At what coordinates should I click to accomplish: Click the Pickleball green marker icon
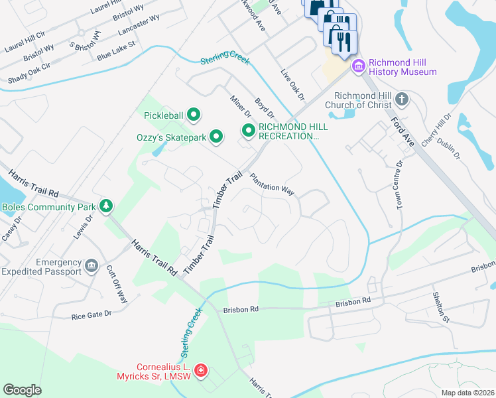click(x=194, y=116)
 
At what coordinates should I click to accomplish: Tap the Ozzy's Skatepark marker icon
click(x=216, y=137)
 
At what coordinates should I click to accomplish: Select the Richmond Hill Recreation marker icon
click(x=248, y=131)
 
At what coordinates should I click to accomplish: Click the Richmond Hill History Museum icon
click(x=359, y=66)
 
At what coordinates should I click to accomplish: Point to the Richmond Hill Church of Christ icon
click(x=401, y=100)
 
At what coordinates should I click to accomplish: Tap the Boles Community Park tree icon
click(x=105, y=206)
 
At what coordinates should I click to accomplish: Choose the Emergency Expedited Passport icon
click(x=92, y=267)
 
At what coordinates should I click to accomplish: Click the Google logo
click(x=22, y=390)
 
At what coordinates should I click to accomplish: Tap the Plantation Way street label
click(x=272, y=184)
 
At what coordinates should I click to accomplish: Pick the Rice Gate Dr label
click(x=91, y=315)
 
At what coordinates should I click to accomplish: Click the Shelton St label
click(x=440, y=307)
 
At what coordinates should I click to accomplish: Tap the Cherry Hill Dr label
click(x=442, y=126)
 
